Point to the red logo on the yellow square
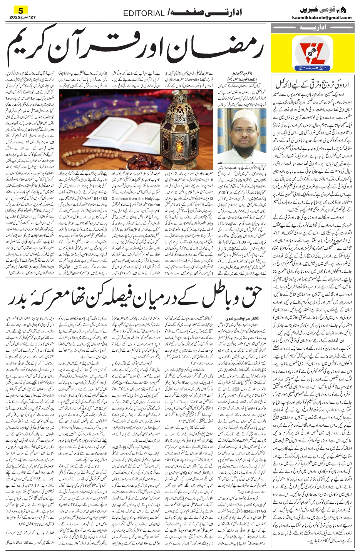(312, 54)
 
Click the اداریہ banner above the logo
(312, 28)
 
